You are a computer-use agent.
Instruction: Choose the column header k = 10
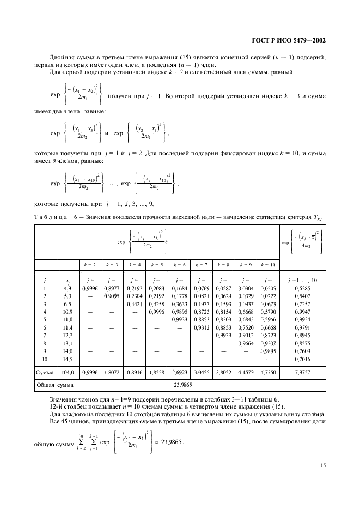point(267,264)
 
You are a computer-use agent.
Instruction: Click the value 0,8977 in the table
point(112,288)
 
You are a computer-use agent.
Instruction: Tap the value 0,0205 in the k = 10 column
point(267,288)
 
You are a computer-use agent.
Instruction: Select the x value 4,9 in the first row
point(68,288)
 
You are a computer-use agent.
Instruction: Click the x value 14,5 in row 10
point(68,360)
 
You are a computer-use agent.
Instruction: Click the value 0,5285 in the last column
point(303,288)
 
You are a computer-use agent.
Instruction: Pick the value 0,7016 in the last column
point(303,360)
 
